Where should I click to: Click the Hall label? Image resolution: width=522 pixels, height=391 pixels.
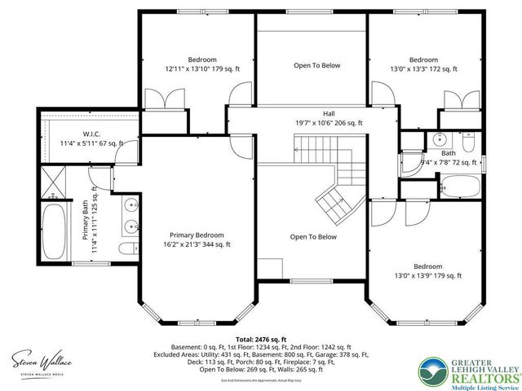329,114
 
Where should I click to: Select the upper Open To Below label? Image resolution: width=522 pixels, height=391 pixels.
317,65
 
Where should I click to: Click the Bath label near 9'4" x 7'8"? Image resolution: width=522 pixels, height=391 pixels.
449,152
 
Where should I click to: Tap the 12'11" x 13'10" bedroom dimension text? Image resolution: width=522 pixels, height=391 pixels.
203,70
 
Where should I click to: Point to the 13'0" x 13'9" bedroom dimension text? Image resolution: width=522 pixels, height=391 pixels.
427,276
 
